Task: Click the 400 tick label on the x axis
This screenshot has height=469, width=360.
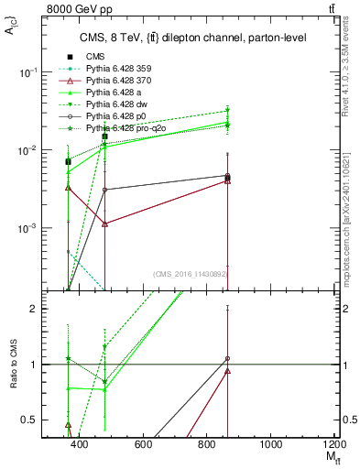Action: pos(79,445)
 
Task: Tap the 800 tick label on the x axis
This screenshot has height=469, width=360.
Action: pos(207,445)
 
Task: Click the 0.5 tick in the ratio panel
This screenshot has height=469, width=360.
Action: pos(33,420)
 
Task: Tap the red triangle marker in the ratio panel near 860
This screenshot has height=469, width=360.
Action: pos(227,371)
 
